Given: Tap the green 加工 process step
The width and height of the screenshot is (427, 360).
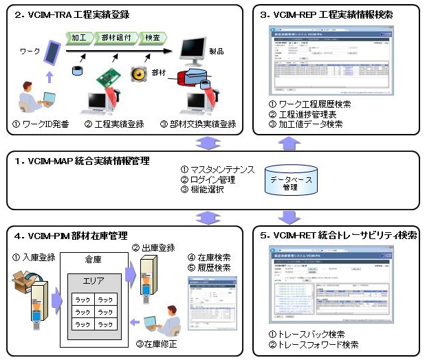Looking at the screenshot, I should coord(78,37).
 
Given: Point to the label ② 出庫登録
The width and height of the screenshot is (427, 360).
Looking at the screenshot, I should coord(155,246).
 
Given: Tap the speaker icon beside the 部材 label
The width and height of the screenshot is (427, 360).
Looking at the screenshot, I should coord(140,73).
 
